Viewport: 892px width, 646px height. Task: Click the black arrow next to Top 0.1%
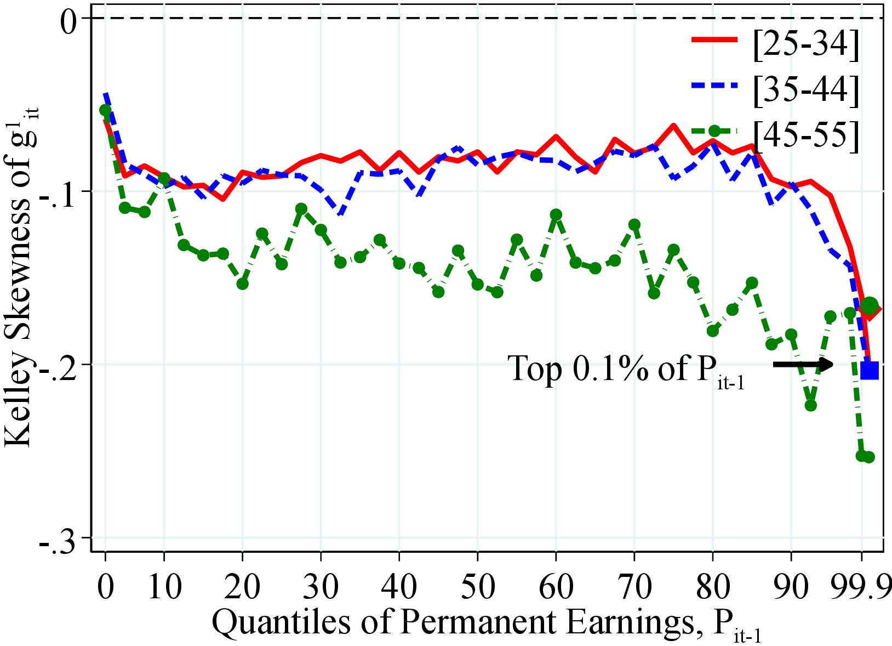[x=803, y=364]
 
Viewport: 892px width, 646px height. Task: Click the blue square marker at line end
[x=870, y=371]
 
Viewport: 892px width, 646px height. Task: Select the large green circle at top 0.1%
[x=870, y=306]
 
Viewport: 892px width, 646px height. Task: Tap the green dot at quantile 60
[x=556, y=214]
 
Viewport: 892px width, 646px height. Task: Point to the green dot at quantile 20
[x=242, y=284]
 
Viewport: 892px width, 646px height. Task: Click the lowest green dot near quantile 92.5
[x=811, y=405]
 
